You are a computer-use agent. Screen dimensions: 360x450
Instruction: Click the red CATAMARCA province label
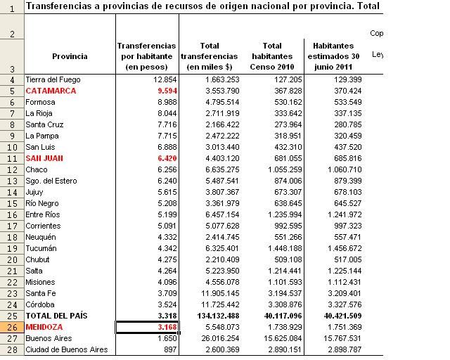51,91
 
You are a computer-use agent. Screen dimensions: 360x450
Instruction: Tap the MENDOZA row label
45,327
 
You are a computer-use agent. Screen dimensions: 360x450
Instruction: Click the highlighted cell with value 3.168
147,327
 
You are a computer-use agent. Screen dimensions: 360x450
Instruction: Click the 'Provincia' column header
70,56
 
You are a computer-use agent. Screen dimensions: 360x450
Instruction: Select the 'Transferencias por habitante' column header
146,56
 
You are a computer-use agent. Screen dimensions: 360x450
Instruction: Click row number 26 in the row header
12,327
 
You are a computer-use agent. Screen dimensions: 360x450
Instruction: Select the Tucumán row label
41,248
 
